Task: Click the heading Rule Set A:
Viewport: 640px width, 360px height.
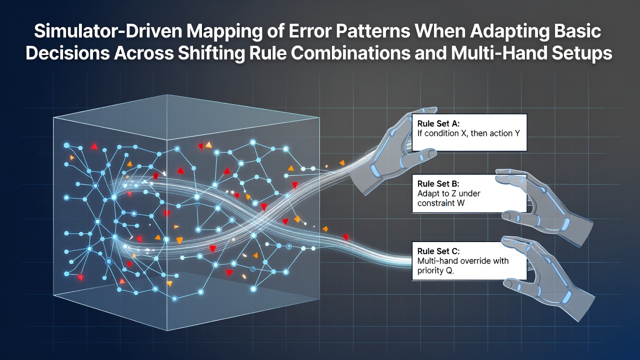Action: [x=438, y=123]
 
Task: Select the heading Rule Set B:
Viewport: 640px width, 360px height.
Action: [x=438, y=183]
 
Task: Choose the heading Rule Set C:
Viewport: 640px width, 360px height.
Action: [x=438, y=251]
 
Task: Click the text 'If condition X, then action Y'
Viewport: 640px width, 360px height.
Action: [x=468, y=133]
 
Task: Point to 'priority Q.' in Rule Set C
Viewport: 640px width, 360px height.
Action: [x=435, y=271]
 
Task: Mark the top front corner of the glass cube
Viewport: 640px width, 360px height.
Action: [x=166, y=139]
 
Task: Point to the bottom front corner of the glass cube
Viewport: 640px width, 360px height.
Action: [x=167, y=330]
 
